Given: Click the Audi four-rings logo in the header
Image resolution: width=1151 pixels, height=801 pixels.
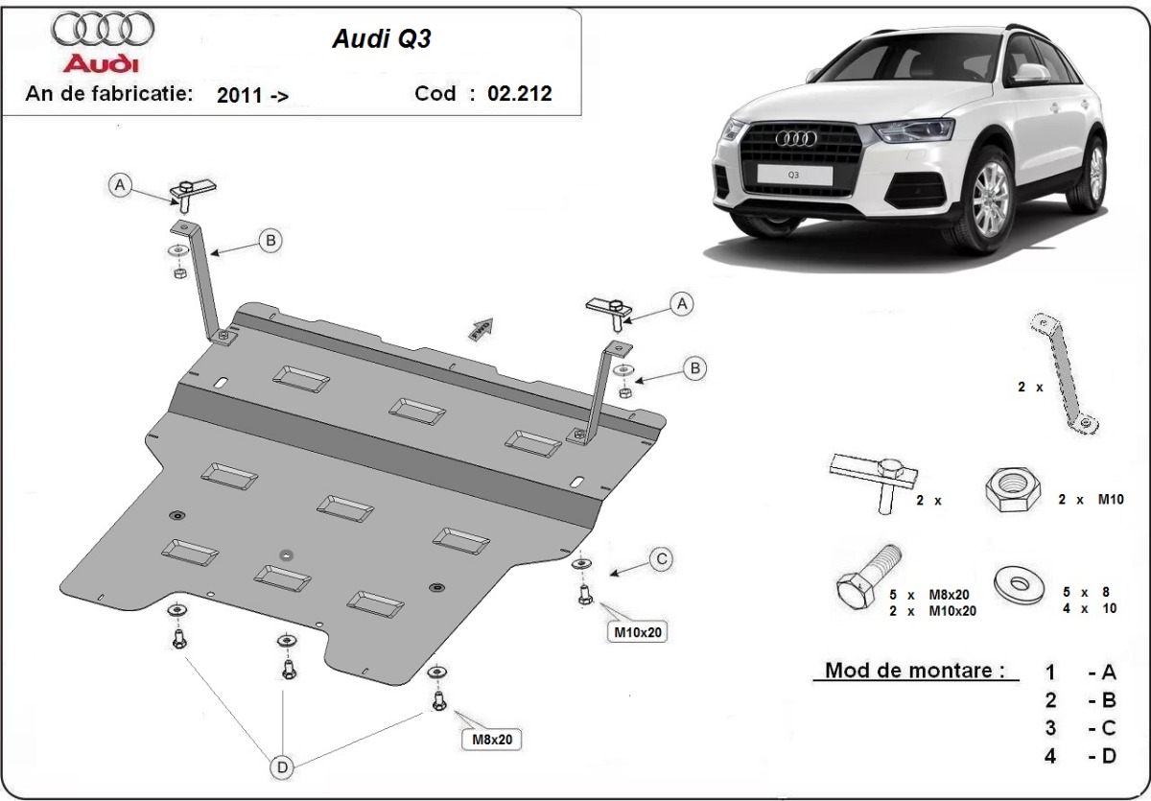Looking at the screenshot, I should pos(102,30).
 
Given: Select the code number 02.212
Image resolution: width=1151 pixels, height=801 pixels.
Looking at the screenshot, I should pos(519,93).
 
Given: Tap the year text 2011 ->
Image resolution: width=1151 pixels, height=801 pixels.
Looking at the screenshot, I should pos(252,94).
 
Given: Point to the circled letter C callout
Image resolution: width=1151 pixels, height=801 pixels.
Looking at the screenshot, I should pos(661,558).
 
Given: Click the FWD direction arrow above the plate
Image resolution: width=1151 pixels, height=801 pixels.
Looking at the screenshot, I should pos(481,329).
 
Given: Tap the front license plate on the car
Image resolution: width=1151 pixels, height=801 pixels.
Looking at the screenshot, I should pos(793,174).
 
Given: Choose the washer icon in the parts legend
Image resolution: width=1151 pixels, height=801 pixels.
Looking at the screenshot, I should pos(1021,584).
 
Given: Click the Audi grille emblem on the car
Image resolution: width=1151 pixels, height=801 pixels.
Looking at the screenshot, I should pos(795,139).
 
